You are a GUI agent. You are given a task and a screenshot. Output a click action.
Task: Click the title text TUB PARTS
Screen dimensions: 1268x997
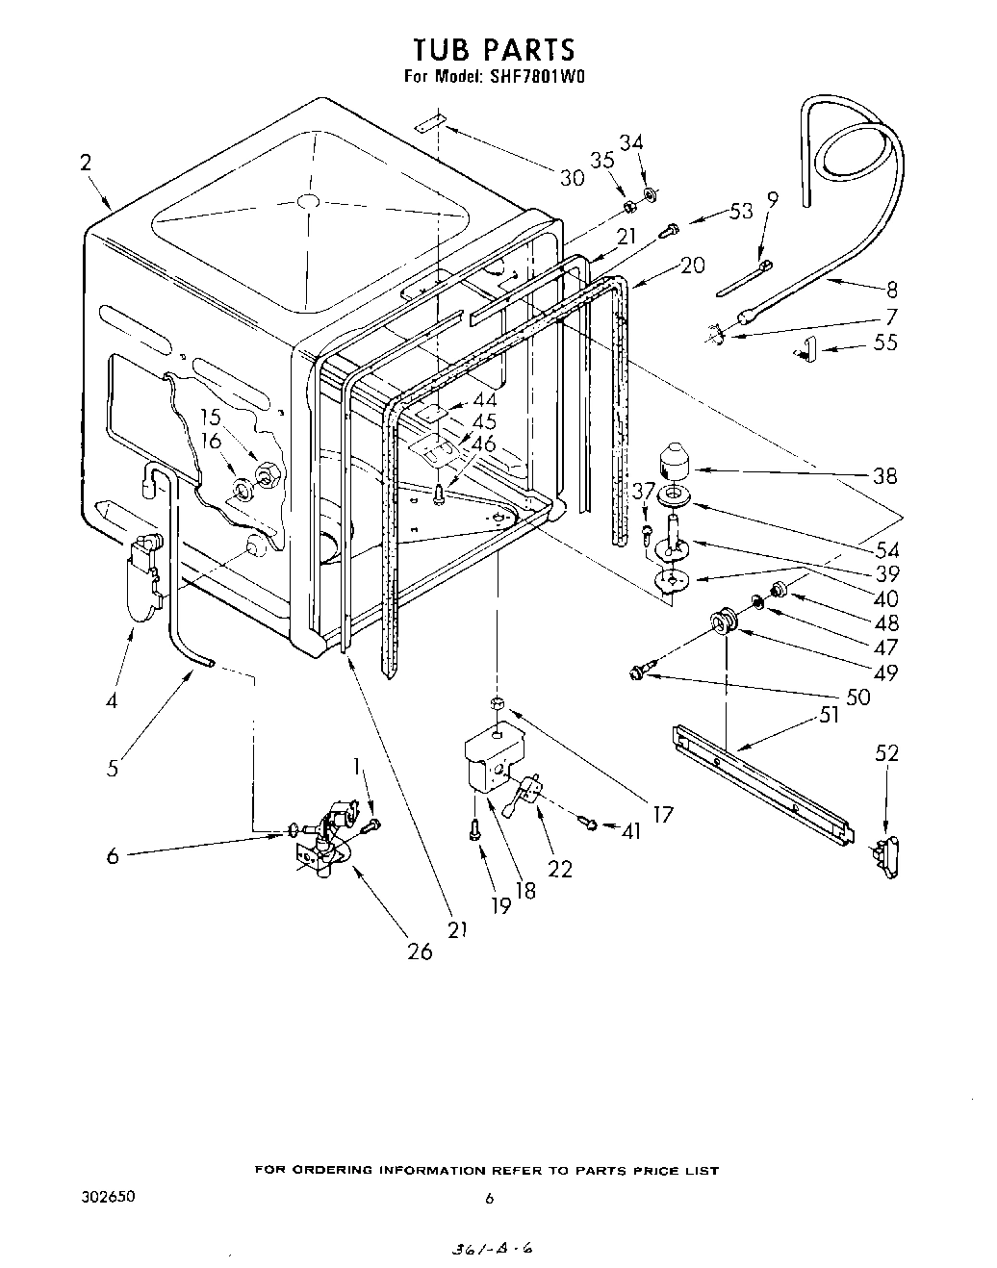pyautogui.click(x=494, y=49)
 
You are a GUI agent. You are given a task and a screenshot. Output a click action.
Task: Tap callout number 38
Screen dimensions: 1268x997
pyautogui.click(x=884, y=475)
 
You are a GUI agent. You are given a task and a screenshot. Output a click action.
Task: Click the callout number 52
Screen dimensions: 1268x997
pyautogui.click(x=885, y=753)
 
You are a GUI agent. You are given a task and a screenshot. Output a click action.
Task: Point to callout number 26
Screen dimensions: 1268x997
pyautogui.click(x=420, y=951)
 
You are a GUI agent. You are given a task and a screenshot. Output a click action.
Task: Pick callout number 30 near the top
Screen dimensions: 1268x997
pyautogui.click(x=572, y=177)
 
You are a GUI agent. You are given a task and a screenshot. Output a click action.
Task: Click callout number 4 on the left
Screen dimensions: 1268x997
pyautogui.click(x=112, y=701)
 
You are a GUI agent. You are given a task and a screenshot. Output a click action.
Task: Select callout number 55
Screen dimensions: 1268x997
pyautogui.click(x=885, y=342)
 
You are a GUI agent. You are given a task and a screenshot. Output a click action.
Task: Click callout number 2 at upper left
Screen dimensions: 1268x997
pyautogui.click(x=86, y=163)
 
